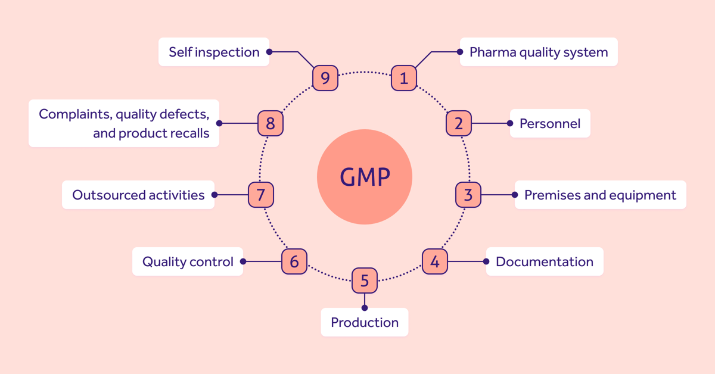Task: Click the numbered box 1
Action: coord(404,78)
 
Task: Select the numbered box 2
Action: coord(459,123)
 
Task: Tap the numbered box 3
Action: coord(468,195)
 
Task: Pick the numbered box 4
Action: coord(435,261)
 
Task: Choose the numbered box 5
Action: coord(365,280)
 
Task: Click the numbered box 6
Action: coord(294,261)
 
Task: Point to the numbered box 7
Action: coord(261,195)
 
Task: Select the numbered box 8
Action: coord(271,123)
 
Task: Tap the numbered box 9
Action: coord(325,78)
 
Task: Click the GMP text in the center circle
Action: coord(365,177)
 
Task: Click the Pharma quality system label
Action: coord(539,52)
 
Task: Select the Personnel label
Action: coord(550,123)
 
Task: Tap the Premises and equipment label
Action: coord(600,195)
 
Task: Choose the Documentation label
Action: coord(545,261)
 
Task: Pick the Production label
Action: coord(365,322)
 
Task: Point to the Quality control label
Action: coord(188,261)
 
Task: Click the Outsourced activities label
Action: coord(138,195)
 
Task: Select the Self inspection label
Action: coord(214,52)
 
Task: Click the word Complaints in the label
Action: coord(73,114)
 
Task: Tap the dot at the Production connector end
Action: coord(365,308)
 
